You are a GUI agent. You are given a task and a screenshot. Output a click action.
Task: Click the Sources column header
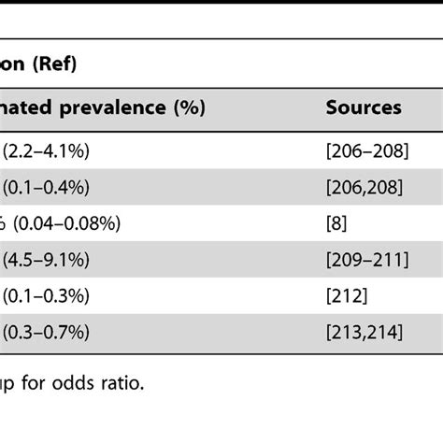coord(364,107)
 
